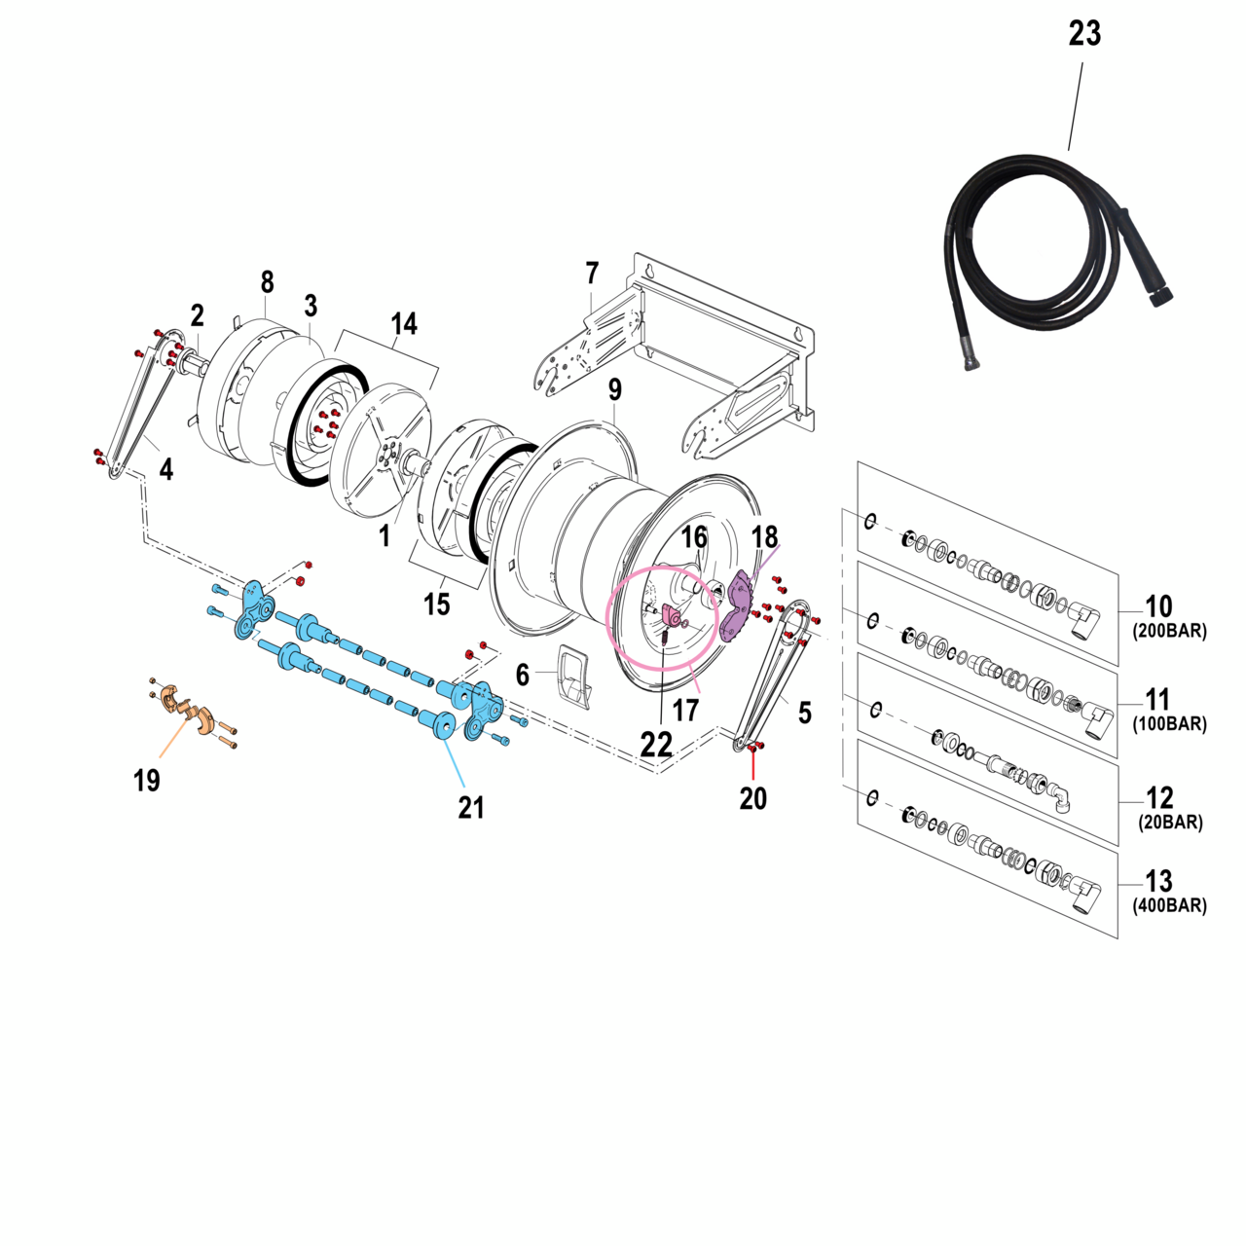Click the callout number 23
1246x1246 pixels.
[x=1084, y=34]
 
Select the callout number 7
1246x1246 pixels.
[x=592, y=274]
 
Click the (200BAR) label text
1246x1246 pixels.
[x=1169, y=631]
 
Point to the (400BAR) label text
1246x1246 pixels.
[x=1169, y=905]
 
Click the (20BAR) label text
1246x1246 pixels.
[x=1170, y=823]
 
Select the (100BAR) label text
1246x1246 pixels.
[x=1169, y=724]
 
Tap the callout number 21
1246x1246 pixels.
[x=471, y=807]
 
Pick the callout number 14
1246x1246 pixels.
[x=404, y=323]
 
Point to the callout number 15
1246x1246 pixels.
[x=437, y=605]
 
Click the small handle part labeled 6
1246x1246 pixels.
[x=574, y=675]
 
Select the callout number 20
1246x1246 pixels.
[x=752, y=798]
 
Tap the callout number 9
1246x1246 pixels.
[x=614, y=390]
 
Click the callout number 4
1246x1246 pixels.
[x=166, y=470]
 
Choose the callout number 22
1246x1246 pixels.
[x=656, y=745]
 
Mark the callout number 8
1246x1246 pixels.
[x=267, y=282]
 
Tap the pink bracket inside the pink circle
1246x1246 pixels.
[x=672, y=614]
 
